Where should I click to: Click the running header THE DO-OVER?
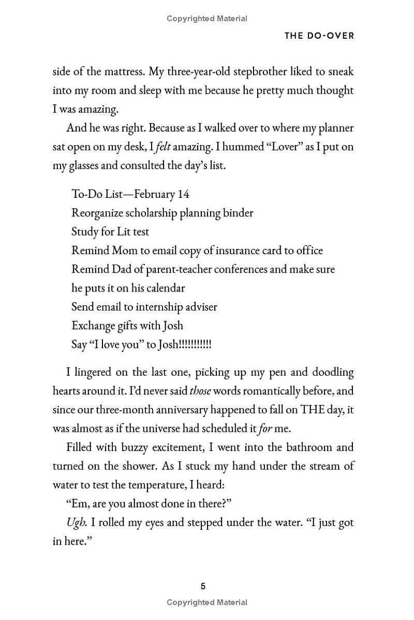click(x=319, y=36)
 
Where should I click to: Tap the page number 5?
click(x=203, y=586)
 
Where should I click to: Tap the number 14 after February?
click(x=183, y=194)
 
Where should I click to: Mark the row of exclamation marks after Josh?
click(x=195, y=344)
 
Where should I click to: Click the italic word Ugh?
click(x=77, y=522)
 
